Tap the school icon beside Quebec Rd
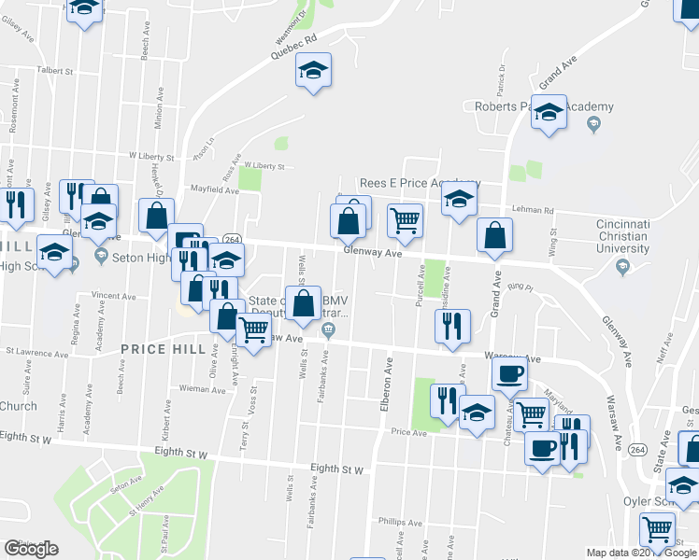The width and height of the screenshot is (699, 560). click(x=314, y=71)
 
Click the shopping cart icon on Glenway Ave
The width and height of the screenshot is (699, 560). click(x=405, y=221)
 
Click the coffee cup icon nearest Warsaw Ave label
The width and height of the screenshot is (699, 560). click(x=509, y=375)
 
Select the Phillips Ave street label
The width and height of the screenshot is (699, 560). click(x=401, y=521)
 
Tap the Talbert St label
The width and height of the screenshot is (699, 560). click(x=54, y=70)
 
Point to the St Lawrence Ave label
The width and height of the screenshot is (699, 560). click(x=36, y=354)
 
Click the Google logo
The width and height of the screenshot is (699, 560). click(x=31, y=549)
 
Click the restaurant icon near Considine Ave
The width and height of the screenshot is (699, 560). click(x=451, y=326)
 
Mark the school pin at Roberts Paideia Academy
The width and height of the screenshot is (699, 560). click(x=549, y=112)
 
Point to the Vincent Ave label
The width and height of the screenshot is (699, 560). click(x=113, y=296)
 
